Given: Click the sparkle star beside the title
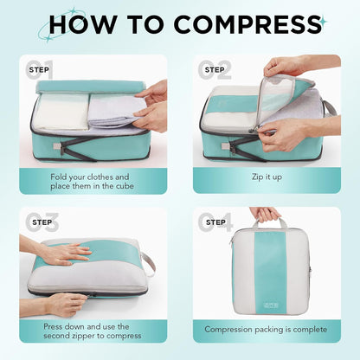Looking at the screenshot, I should (x=322, y=21).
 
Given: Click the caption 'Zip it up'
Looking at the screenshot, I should (x=266, y=177).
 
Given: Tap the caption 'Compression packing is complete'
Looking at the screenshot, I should (x=266, y=330).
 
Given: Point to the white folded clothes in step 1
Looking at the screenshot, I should (x=61, y=112).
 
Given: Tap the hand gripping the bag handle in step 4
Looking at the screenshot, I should (x=265, y=213).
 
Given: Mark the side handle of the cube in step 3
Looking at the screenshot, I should (x=149, y=261).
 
